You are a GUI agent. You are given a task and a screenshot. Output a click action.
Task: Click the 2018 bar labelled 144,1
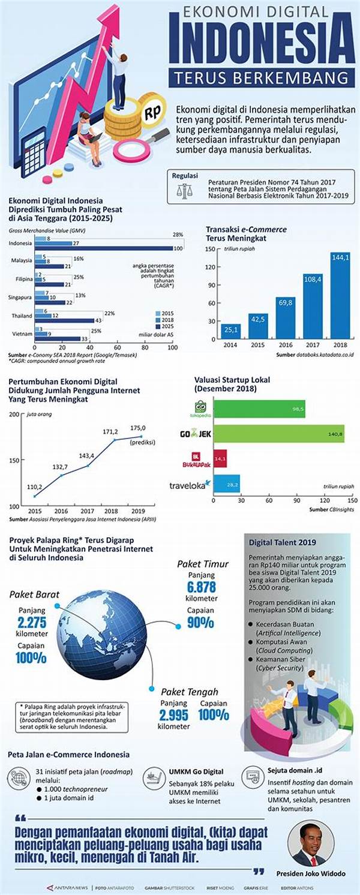point(340,295)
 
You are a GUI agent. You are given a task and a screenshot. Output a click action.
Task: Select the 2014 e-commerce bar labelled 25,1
point(232,331)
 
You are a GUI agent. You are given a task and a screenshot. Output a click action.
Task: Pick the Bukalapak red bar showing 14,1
point(220,459)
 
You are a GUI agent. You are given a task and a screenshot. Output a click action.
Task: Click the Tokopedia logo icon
point(196,408)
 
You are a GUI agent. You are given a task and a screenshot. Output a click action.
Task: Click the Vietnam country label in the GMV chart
point(21,333)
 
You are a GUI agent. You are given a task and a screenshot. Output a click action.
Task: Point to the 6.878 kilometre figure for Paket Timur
point(200,587)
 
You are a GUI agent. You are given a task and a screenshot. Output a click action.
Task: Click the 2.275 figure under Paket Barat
point(32,622)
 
